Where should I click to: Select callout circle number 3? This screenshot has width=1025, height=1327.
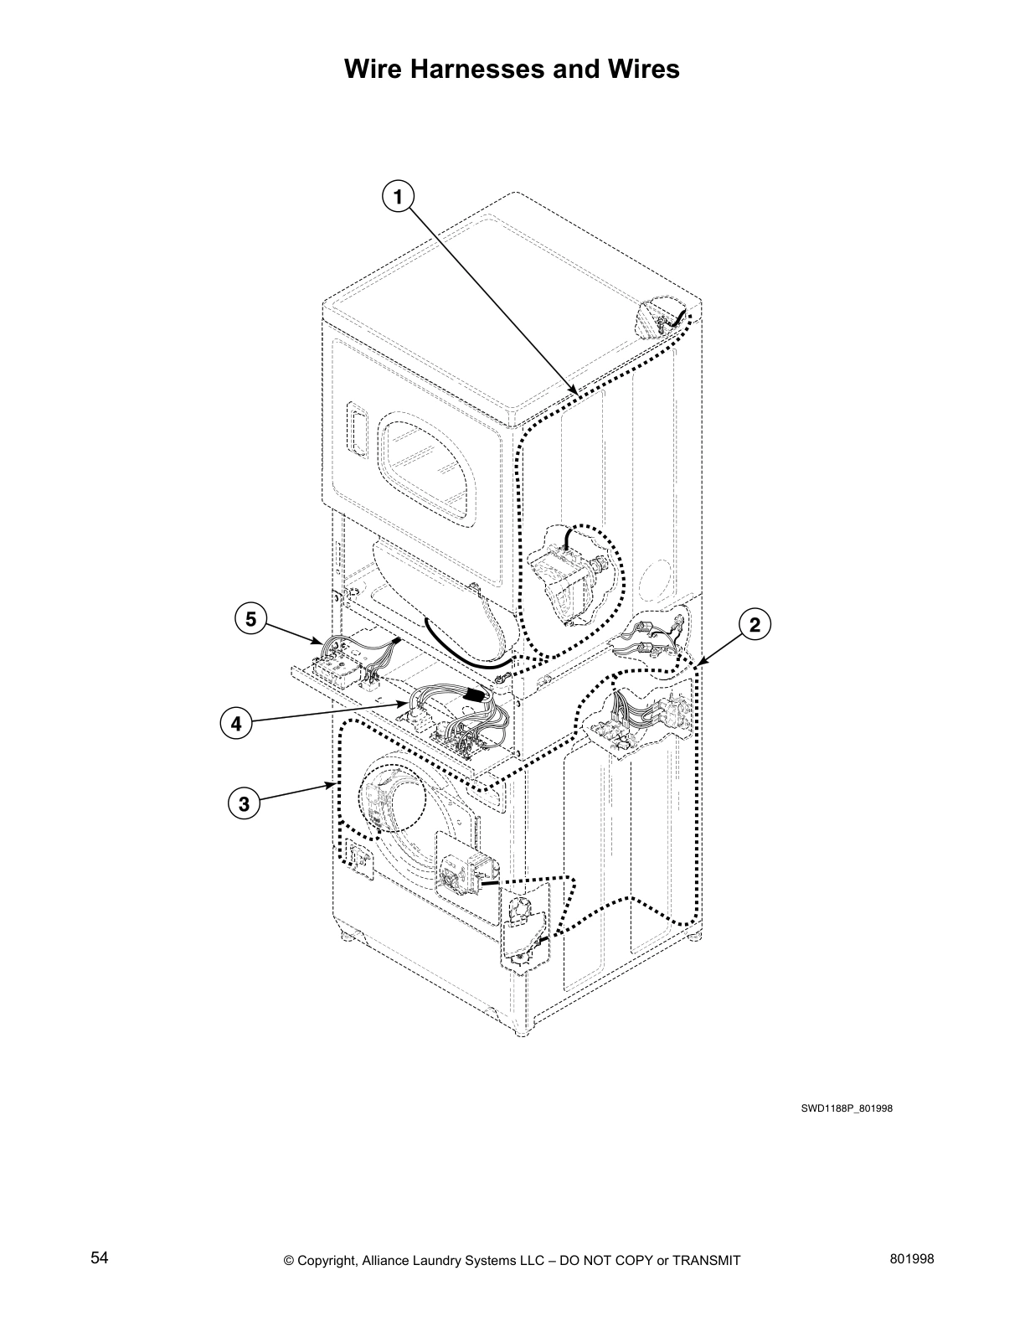[244, 805]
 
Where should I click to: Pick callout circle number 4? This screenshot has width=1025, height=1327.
[237, 723]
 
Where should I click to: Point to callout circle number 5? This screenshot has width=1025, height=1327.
[250, 620]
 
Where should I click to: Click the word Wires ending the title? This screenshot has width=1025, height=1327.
[643, 69]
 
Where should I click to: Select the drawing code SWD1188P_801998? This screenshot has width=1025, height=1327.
[847, 1108]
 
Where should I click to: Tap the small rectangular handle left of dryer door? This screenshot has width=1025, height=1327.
[357, 431]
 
